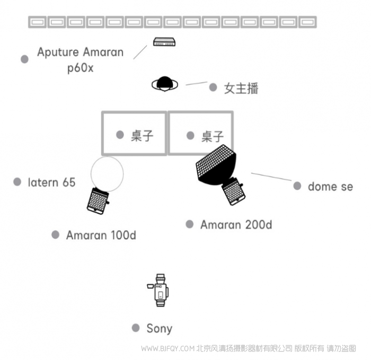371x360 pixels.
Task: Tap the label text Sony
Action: (x=159, y=329)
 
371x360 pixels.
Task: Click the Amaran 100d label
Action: (x=101, y=235)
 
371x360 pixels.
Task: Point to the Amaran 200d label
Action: (x=236, y=225)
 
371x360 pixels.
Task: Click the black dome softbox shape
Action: (x=216, y=165)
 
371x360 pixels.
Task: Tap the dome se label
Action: (x=330, y=187)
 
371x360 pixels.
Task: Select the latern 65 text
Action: (x=51, y=182)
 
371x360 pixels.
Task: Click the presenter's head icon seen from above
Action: (x=164, y=84)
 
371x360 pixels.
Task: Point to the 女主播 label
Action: (x=241, y=88)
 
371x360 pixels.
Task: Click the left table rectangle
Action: (x=134, y=133)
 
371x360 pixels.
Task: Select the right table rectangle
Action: (x=200, y=133)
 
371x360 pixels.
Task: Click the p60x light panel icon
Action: (x=164, y=42)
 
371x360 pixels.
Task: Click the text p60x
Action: (x=80, y=68)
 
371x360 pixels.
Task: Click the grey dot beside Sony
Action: (x=136, y=328)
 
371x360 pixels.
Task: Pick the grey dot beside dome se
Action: (x=297, y=186)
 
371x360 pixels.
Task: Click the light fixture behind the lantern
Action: (x=98, y=201)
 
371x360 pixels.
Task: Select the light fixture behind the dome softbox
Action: (x=233, y=192)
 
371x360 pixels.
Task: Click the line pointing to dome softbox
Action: (x=271, y=177)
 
